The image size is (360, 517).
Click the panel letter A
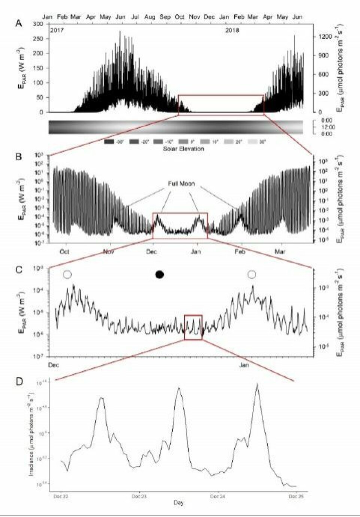pyautogui.click(x=18, y=23)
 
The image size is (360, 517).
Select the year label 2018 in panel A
pyautogui.click(x=232, y=30)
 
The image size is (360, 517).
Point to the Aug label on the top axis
pyautogui.click(x=150, y=17)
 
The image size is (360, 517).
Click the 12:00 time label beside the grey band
pyautogui.click(x=328, y=127)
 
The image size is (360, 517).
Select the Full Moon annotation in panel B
pyautogui.click(x=181, y=184)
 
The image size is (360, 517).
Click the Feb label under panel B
pyautogui.click(x=240, y=251)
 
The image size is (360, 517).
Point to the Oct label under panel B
pyautogui.click(x=64, y=251)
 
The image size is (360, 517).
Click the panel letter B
pyautogui.click(x=18, y=156)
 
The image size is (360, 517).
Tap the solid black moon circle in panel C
pyautogui.click(x=160, y=274)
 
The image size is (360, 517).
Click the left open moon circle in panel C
pyautogui.click(x=67, y=274)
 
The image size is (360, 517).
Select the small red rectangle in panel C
pyautogui.click(x=193, y=327)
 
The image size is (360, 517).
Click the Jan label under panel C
pyautogui.click(x=244, y=364)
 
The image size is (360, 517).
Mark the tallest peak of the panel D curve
pyautogui.click(x=257, y=384)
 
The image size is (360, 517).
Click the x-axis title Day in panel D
pyautogui.click(x=178, y=502)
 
